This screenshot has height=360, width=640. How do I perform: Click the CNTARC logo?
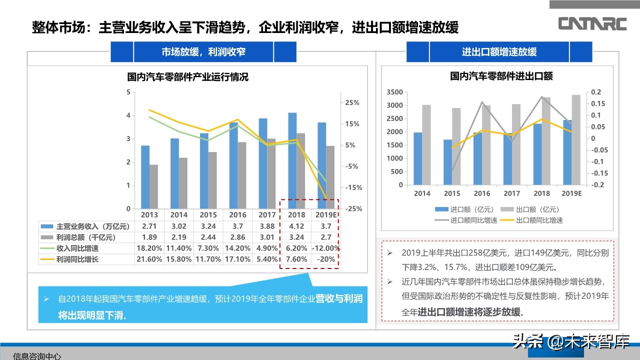[x=592, y=23]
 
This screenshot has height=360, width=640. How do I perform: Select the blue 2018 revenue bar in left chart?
[x=292, y=160]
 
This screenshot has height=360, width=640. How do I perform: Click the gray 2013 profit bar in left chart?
[x=153, y=186]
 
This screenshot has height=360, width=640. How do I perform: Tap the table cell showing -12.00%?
[x=325, y=248]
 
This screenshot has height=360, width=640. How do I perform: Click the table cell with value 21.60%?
[x=149, y=259]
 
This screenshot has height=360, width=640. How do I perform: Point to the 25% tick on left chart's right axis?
[x=352, y=102]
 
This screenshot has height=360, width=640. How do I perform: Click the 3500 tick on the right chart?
[x=394, y=92]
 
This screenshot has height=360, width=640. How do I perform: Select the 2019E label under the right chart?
[x=571, y=193]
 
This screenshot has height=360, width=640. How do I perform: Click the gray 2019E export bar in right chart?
[x=576, y=139]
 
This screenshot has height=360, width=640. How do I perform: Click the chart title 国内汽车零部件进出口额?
[x=501, y=76]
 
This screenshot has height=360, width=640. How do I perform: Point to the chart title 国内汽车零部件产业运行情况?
[x=187, y=77]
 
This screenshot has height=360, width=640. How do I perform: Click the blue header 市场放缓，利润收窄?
[x=203, y=51]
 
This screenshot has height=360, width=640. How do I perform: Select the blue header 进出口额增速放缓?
[x=499, y=52]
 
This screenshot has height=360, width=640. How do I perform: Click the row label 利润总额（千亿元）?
[x=85, y=237]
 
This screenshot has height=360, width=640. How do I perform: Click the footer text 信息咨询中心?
[x=37, y=356]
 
